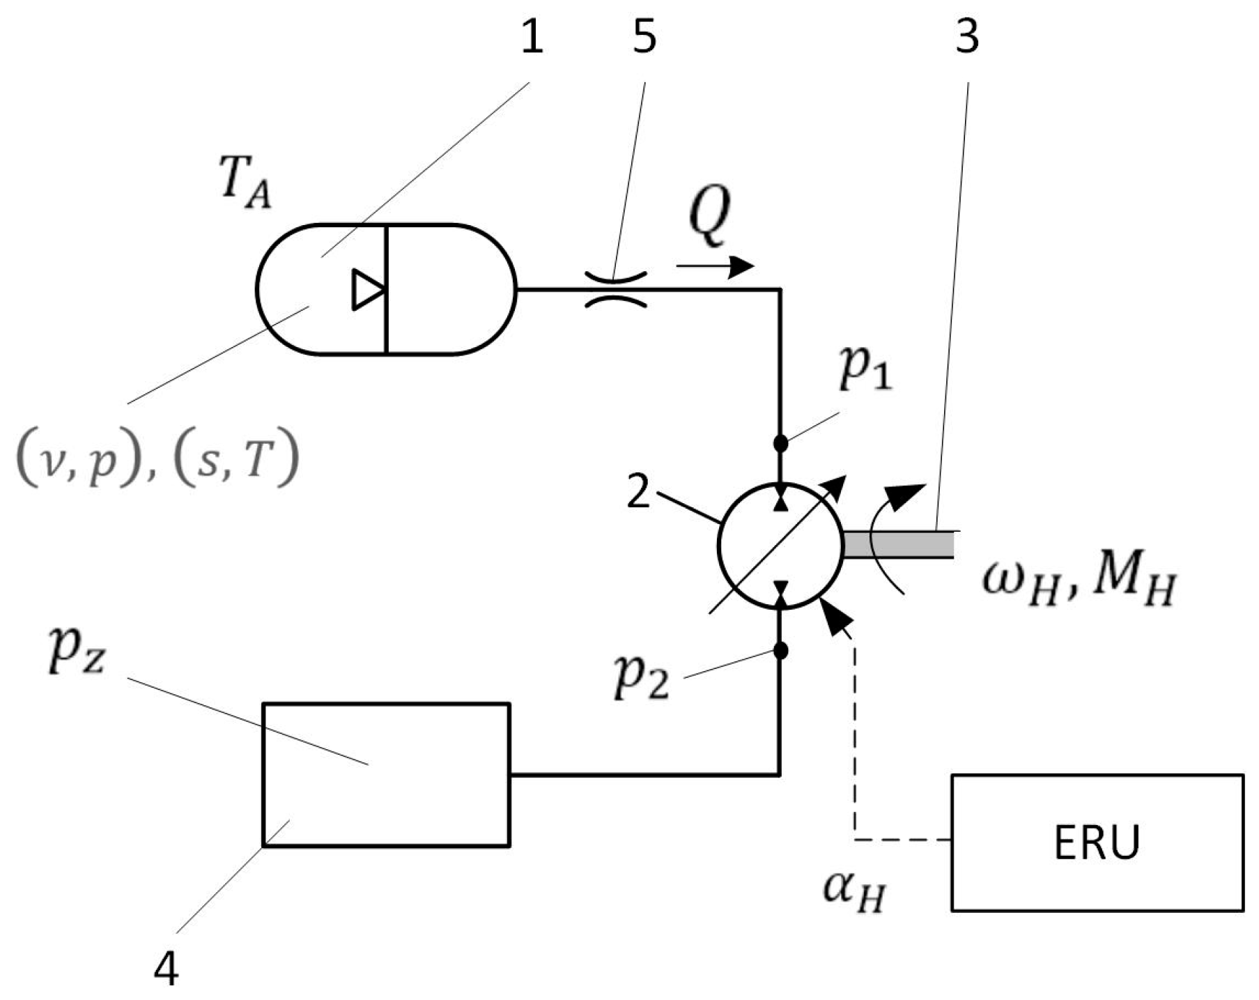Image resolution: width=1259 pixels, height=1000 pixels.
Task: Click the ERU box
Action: click(1097, 842)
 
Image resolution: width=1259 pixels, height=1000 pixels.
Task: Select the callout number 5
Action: click(644, 37)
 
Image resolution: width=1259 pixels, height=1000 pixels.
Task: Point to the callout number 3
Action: click(967, 37)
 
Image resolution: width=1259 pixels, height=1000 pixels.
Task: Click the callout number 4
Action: click(166, 969)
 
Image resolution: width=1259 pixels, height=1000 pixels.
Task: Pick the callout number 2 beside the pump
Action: click(639, 493)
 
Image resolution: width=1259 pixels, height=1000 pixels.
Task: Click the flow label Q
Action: click(709, 217)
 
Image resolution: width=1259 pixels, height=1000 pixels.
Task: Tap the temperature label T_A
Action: click(245, 187)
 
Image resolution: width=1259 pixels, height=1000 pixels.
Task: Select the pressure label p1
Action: click(865, 370)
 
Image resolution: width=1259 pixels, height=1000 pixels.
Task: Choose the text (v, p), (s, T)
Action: click(157, 461)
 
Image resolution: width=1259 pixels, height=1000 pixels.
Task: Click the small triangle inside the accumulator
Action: click(367, 289)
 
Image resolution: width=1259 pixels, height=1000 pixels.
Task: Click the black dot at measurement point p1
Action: click(780, 443)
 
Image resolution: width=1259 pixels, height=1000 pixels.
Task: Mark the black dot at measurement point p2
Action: click(780, 651)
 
